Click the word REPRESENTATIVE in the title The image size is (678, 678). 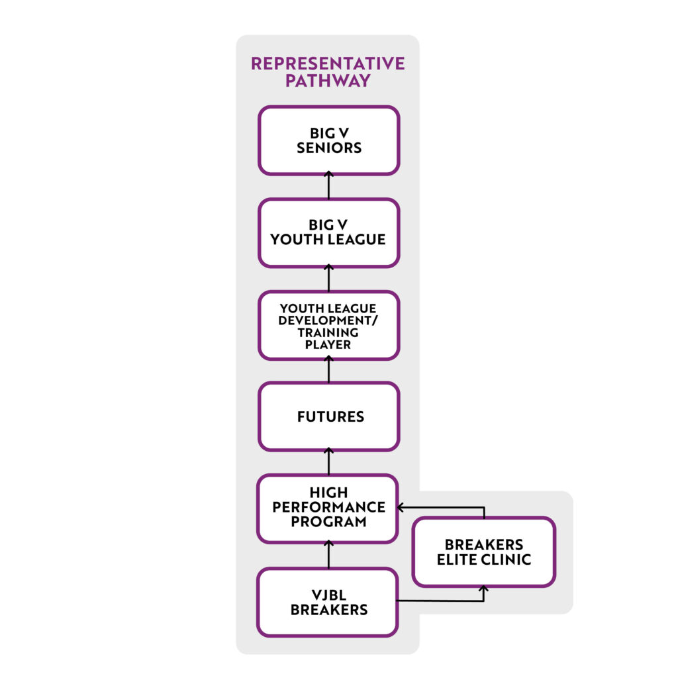point(328,64)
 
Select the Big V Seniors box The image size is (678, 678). point(328,140)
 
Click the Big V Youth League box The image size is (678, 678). point(328,232)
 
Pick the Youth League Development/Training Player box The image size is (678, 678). point(328,325)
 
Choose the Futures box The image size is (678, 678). point(328,416)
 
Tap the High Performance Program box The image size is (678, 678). point(328,508)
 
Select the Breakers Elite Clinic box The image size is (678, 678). point(483,552)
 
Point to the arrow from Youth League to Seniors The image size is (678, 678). point(328,186)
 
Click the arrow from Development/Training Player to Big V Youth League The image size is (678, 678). point(328,278)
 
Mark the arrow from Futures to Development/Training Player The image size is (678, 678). point(328,370)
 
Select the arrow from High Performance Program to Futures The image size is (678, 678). point(328,461)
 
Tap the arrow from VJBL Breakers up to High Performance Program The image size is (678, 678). point(328,555)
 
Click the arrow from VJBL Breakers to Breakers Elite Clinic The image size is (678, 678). point(450,601)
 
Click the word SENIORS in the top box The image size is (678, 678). point(329,148)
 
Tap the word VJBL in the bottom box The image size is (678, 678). point(328,595)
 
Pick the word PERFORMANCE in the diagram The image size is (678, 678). point(328,507)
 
